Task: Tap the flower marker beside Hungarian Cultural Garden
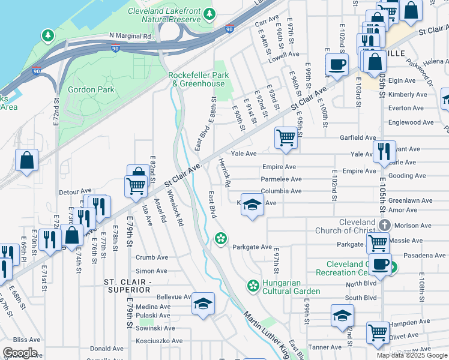pyautogui.click(x=253, y=284)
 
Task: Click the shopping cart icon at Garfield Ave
pyautogui.click(x=286, y=137)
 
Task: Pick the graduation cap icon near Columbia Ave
pyautogui.click(x=252, y=204)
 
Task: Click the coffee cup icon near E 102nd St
pyautogui.click(x=337, y=64)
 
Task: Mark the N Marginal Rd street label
pyautogui.click(x=130, y=36)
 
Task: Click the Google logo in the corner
pyautogui.click(x=20, y=353)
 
